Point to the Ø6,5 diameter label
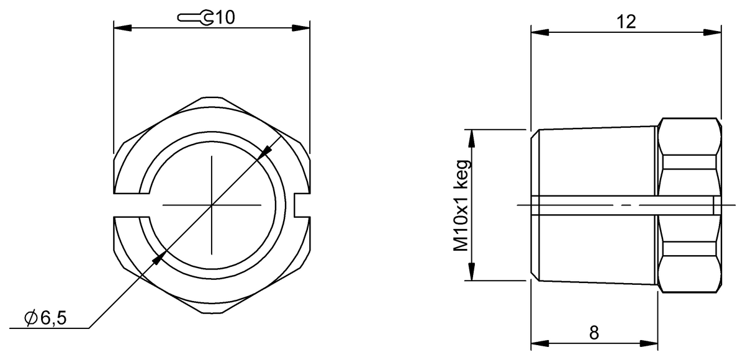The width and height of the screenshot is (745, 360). tap(46, 318)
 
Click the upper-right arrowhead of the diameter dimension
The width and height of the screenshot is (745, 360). tap(266, 150)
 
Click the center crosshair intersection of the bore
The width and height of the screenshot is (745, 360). tap(212, 204)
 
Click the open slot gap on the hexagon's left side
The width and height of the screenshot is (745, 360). tap(132, 204)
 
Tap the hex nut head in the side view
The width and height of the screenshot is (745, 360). tap(689, 204)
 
